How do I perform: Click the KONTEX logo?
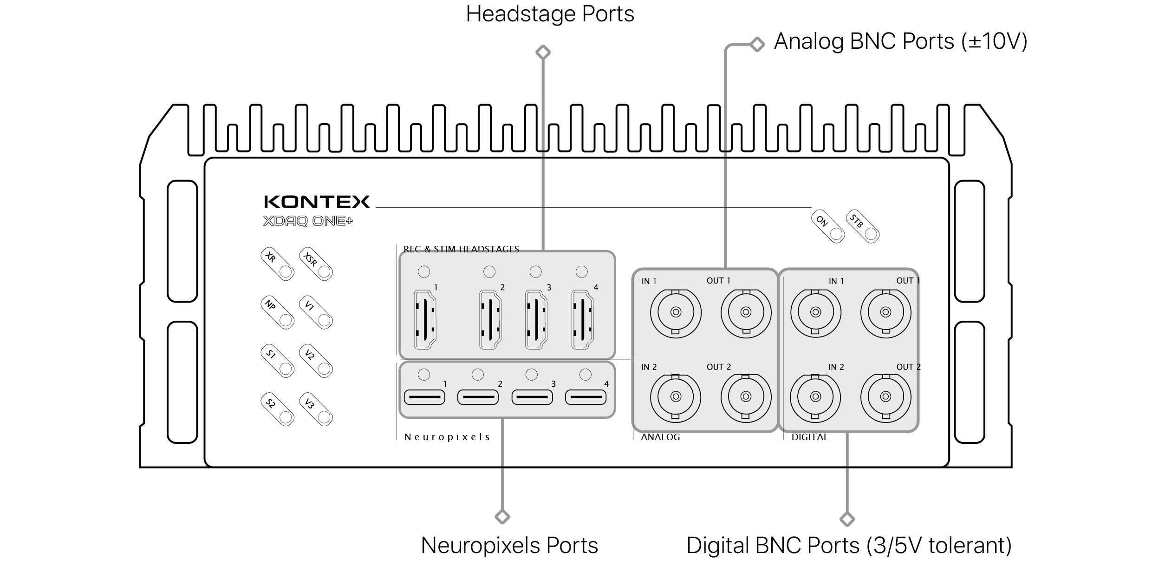[x=317, y=202]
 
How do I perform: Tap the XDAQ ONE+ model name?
[x=308, y=221]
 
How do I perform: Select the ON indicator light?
[x=828, y=227]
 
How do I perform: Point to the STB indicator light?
[x=863, y=227]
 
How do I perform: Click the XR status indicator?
[x=278, y=264]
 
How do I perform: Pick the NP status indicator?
[x=278, y=312]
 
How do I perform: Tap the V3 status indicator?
[x=316, y=409]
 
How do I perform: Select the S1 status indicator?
[x=278, y=361]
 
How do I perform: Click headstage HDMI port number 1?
[x=425, y=319]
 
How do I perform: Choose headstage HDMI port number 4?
[x=583, y=319]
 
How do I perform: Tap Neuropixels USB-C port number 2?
[x=478, y=397]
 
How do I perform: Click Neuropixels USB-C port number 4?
[x=586, y=397]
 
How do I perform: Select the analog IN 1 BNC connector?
[x=676, y=312]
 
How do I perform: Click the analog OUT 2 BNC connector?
[x=746, y=396]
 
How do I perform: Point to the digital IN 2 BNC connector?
[x=815, y=396]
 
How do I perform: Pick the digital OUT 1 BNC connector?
[x=885, y=312]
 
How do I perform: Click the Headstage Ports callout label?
[x=550, y=14]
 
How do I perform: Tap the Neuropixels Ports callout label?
[x=509, y=545]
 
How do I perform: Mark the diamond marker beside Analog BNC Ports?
[x=757, y=45]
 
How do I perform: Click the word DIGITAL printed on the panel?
[x=810, y=437]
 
